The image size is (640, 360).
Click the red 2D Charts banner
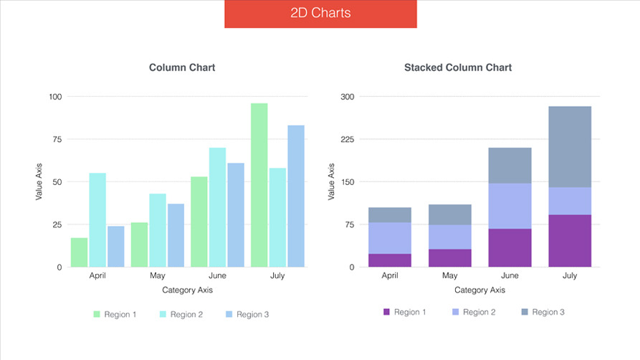pos(320,14)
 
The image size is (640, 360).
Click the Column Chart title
pos(182,67)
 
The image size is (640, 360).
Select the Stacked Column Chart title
pos(458,67)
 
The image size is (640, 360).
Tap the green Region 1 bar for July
pos(259,185)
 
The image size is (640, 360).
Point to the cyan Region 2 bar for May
pos(158,230)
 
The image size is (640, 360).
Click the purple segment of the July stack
pos(570,241)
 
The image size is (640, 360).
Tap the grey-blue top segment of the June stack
pos(510,166)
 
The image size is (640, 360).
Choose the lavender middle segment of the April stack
pos(390,238)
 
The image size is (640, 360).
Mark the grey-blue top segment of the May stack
pos(449,214)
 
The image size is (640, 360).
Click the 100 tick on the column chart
pos(55,97)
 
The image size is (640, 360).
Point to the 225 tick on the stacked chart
pos(347,139)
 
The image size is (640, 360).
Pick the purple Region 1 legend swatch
pos(387,312)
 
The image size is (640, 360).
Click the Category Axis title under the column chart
pos(187,290)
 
